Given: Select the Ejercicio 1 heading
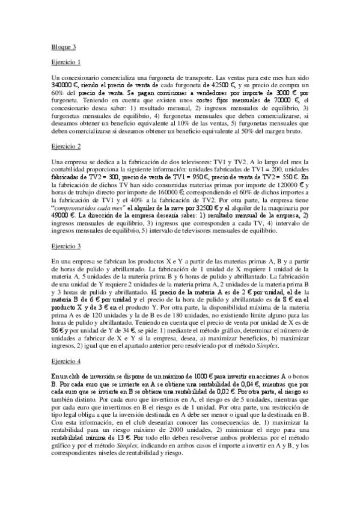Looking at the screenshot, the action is pyautogui.click(x=66, y=62).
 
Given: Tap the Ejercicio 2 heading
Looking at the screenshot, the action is pyautogui.click(x=66, y=146).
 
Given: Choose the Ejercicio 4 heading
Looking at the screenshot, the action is pyautogui.click(x=66, y=346).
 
